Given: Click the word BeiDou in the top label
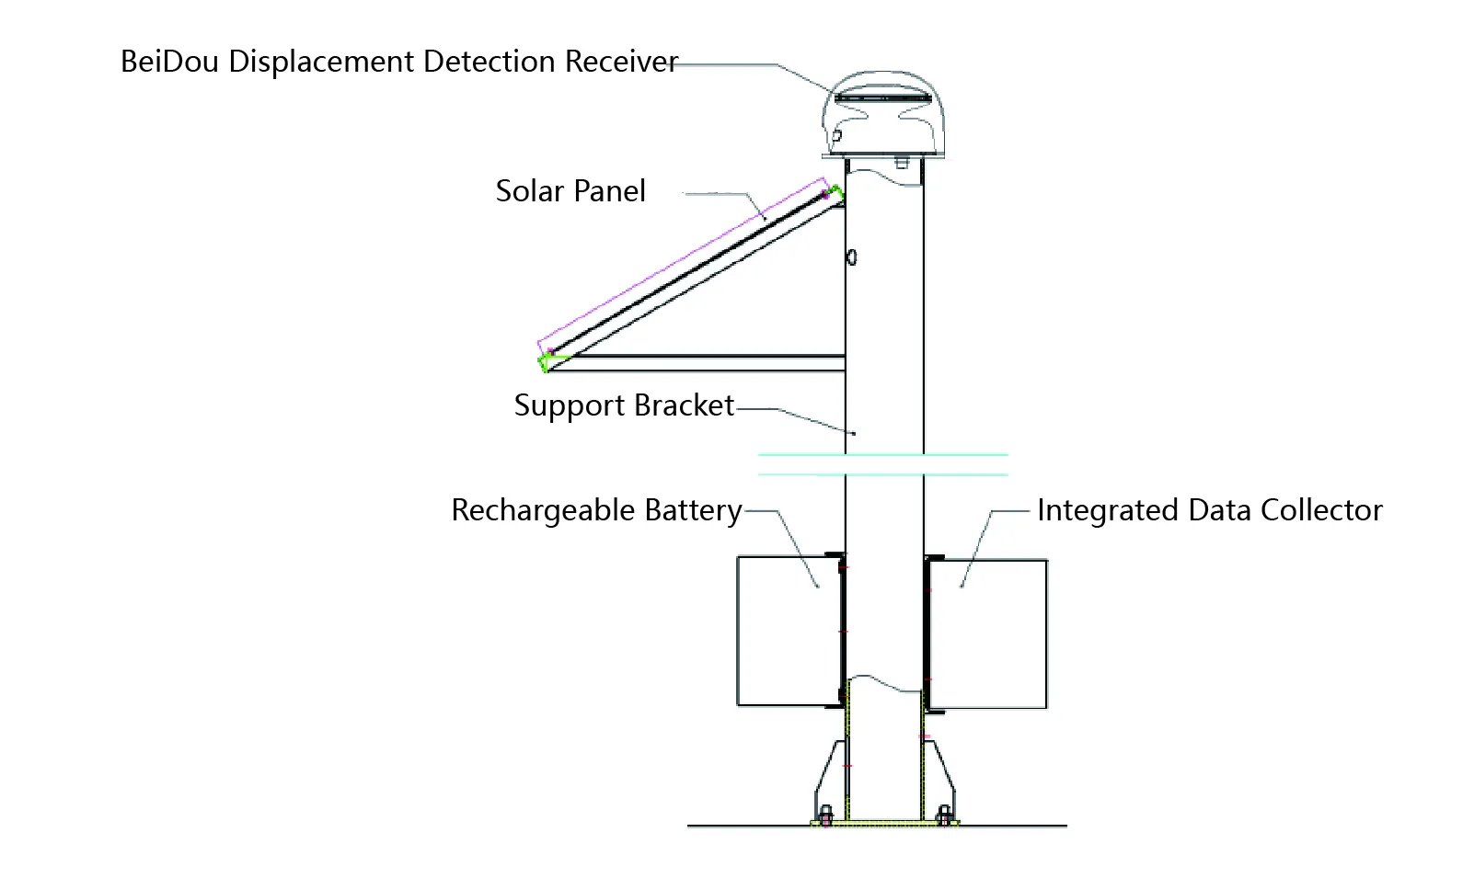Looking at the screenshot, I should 169,62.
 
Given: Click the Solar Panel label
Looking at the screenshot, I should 570,191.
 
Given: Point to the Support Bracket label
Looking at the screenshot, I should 624,405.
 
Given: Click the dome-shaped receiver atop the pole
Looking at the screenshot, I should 883,115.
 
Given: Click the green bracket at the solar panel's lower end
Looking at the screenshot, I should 547,361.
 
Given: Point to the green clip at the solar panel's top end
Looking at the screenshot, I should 835,194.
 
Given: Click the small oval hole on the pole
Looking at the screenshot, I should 852,257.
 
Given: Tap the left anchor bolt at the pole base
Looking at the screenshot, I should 825,815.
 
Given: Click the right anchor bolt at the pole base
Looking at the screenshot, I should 944,815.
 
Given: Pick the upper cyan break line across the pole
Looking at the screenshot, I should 883,454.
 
